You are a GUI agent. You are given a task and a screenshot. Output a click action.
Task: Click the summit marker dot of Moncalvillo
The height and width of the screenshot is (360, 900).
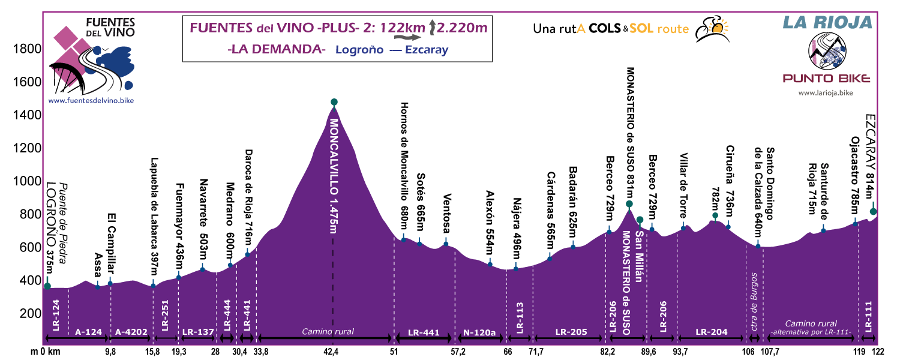coord(334,102)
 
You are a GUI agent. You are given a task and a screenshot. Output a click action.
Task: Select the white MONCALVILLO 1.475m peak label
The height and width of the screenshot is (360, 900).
coord(334,174)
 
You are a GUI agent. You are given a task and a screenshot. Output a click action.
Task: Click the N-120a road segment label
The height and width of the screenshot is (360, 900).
coord(480,332)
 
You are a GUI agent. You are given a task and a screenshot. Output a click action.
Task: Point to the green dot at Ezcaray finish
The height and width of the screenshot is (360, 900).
coord(873,211)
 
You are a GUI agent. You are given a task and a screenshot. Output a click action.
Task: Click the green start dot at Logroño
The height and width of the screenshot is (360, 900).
coord(47,286)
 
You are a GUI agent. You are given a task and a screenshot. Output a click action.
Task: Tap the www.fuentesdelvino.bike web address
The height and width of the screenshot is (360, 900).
coord(91,101)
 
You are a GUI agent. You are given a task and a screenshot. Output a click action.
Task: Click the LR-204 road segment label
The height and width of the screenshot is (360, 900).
coord(712,332)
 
